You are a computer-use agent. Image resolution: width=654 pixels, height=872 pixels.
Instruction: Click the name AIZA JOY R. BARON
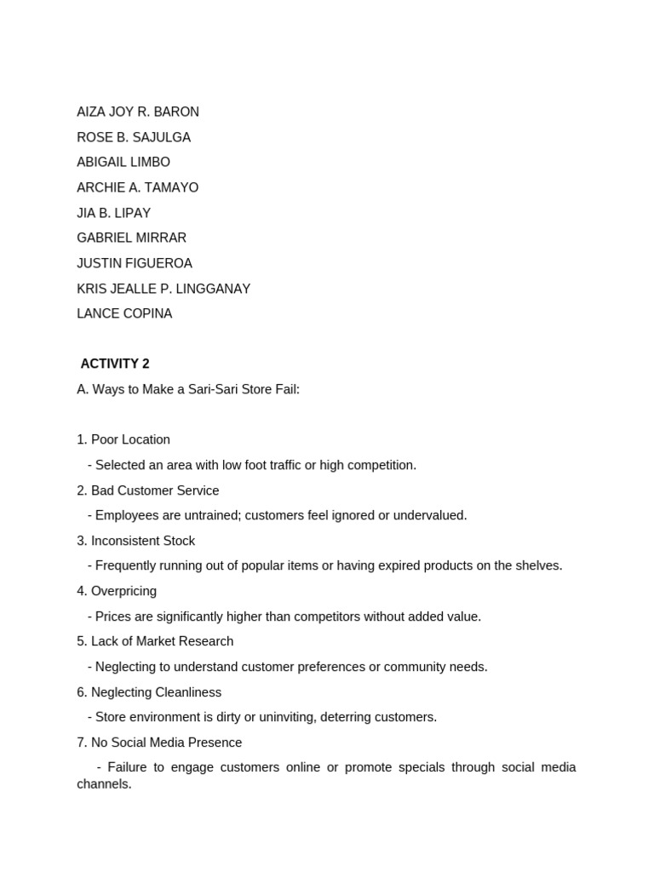pos(138,112)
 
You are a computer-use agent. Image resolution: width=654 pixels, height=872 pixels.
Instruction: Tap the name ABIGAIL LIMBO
pos(123,162)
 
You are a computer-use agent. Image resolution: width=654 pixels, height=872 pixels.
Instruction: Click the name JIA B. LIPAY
pos(113,213)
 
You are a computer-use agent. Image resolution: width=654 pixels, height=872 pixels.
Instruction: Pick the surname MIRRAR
pos(159,238)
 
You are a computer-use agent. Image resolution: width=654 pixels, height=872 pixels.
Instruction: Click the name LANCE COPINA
pos(124,313)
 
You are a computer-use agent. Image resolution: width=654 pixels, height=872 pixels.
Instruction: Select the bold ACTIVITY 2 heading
pos(115,364)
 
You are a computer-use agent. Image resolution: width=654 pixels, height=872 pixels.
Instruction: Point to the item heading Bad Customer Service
pos(155,490)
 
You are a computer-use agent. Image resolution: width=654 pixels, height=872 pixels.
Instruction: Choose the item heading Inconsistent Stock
pos(143,541)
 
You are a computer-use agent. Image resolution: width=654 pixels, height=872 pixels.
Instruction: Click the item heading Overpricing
pos(123,591)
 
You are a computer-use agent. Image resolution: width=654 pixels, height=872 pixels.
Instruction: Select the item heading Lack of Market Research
pos(162,641)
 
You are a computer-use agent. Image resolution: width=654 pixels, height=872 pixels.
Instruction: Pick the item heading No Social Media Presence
pos(166,743)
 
